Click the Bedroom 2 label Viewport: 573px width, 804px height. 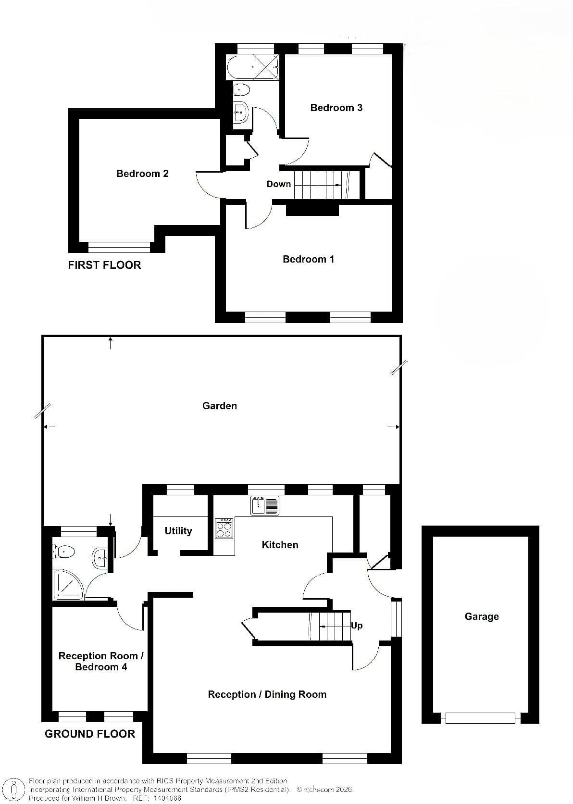[142, 174]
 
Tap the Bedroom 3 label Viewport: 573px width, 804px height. [336, 107]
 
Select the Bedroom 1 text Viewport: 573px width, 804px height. [308, 259]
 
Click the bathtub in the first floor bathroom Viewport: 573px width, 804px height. [252, 67]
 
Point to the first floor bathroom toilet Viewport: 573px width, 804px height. [241, 90]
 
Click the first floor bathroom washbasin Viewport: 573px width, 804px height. [241, 112]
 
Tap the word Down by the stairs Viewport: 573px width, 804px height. [278, 184]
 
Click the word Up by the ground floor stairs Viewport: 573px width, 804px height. [357, 625]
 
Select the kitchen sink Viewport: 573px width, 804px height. [265, 505]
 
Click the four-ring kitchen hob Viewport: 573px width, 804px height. [224, 528]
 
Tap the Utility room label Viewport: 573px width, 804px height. [178, 531]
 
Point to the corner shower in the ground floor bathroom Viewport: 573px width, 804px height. [68, 584]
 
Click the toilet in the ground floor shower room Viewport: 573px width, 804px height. [64, 551]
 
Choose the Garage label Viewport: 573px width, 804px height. [482, 616]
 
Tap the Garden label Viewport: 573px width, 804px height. [220, 405]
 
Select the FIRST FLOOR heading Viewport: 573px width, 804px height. [104, 265]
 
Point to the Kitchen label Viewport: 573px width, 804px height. [280, 544]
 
